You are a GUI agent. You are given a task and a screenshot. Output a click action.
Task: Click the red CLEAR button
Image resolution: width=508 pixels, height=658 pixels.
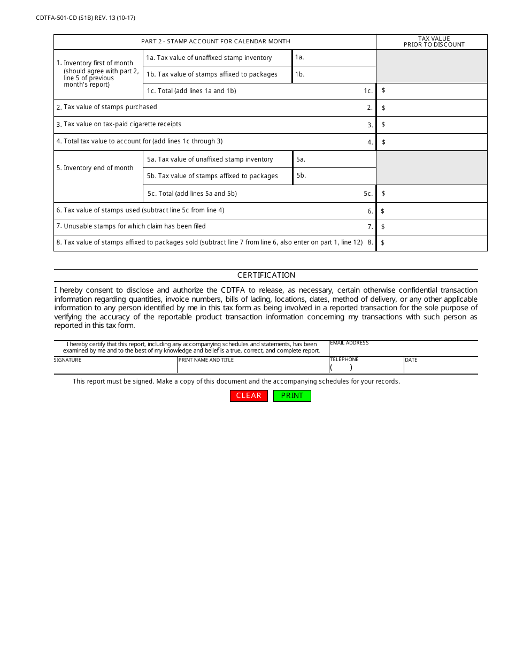(249, 396)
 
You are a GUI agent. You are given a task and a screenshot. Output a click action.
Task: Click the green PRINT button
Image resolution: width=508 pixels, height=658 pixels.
(292, 396)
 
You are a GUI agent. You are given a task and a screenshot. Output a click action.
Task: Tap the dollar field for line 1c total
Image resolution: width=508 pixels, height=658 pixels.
(433, 91)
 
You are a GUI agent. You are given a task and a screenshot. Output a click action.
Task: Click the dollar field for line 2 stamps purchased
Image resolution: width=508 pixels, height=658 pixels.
(433, 108)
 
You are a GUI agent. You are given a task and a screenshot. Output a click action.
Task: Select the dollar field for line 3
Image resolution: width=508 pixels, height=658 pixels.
(433, 125)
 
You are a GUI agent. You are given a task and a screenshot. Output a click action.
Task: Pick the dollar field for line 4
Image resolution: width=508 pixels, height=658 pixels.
(433, 142)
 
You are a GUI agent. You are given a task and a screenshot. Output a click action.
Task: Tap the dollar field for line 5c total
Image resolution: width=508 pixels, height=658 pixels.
(433, 194)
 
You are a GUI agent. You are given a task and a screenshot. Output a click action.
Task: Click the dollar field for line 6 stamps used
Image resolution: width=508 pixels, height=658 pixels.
(433, 211)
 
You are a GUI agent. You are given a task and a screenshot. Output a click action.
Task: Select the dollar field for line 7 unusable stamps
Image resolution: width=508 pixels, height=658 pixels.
(433, 227)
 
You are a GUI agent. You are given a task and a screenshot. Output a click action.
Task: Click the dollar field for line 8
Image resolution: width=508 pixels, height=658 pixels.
(433, 243)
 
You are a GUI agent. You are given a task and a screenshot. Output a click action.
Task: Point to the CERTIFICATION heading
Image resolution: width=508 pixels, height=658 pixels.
(266, 276)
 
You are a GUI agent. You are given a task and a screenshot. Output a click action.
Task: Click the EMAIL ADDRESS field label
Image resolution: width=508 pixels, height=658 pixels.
(349, 343)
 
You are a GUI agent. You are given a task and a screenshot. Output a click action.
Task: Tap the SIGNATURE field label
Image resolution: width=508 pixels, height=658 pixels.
(68, 360)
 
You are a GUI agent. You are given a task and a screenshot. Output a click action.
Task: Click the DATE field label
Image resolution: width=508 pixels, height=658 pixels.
(411, 360)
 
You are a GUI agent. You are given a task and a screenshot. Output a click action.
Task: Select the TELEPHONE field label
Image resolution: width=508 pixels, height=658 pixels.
(344, 359)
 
